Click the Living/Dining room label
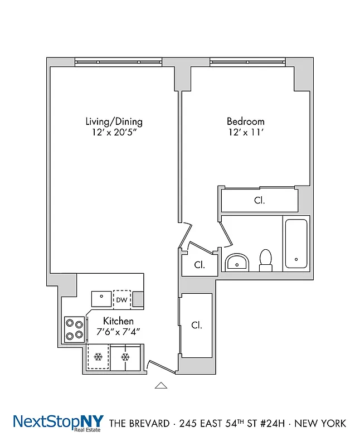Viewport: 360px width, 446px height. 114,122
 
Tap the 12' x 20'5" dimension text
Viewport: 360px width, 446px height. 114,133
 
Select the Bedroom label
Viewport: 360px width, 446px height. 245,122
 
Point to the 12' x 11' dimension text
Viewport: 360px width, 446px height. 245,133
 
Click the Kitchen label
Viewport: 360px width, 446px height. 118,321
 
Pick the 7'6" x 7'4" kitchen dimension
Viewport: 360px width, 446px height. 118,332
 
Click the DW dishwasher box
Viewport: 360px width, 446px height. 121,300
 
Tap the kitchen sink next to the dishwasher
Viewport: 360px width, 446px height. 101,299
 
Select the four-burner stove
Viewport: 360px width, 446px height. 75,329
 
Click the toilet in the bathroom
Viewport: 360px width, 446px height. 266,259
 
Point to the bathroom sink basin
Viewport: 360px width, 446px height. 239,262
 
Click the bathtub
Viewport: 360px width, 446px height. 295,244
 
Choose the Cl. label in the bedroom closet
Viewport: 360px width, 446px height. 259,200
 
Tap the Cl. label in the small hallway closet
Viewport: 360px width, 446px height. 199,265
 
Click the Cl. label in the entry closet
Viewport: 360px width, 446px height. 196,325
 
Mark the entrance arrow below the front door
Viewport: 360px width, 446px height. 160,385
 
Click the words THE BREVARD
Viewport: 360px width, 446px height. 139,424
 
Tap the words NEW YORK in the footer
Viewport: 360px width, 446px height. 320,424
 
